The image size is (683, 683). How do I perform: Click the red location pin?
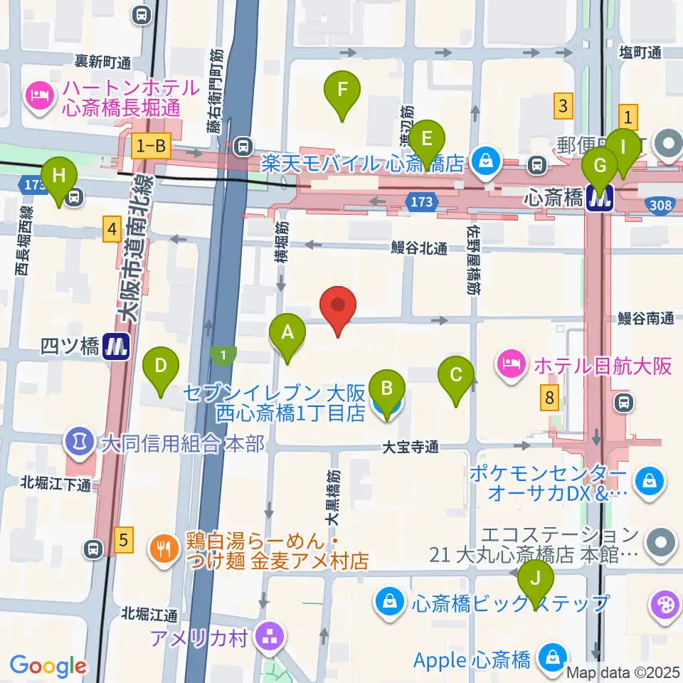339,308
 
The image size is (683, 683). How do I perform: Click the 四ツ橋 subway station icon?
115,347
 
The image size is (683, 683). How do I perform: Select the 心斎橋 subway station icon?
600,200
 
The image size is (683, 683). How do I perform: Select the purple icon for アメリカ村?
270,636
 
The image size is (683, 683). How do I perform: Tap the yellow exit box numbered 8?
549,398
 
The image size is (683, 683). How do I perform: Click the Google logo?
47,667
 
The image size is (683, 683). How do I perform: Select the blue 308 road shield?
661,206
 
